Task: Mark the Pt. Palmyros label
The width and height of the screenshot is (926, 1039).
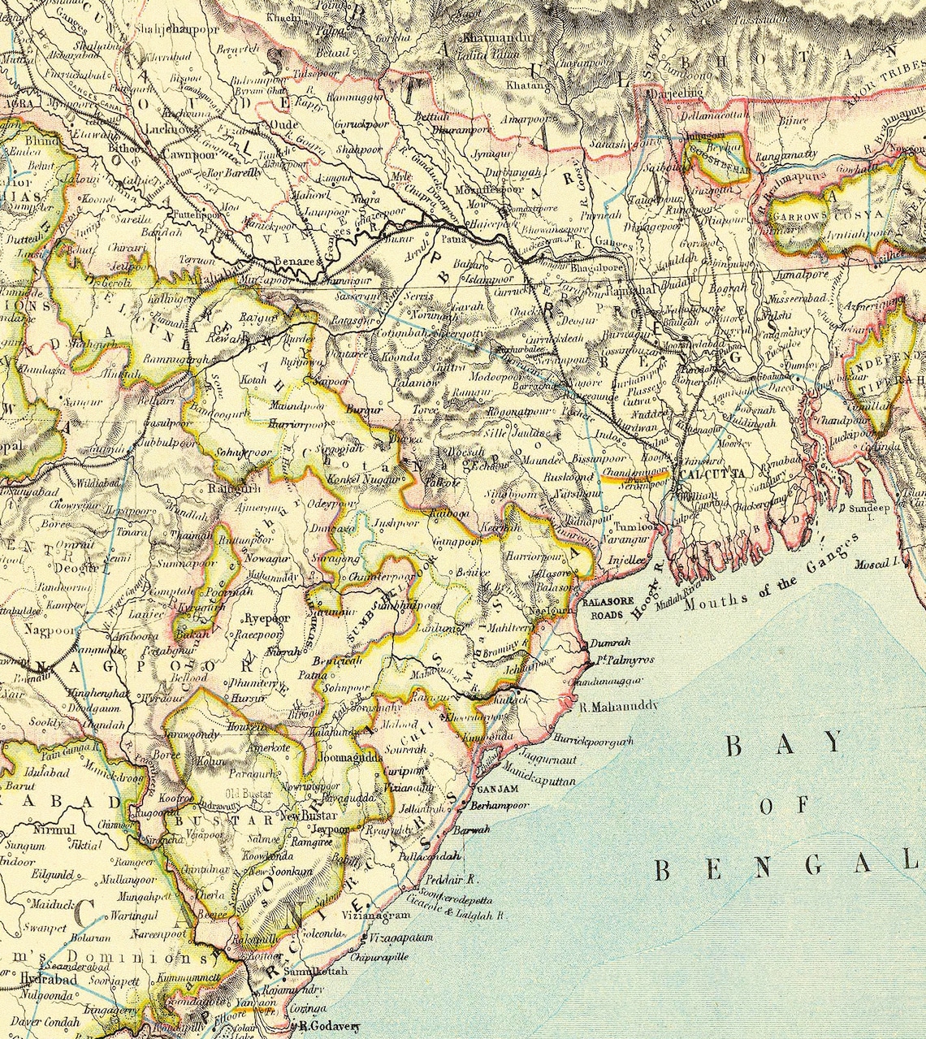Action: click(625, 660)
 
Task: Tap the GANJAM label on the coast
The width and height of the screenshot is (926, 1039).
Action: click(495, 790)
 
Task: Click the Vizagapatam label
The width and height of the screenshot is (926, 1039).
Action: click(400, 937)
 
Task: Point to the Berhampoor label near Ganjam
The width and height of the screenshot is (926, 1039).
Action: click(499, 806)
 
